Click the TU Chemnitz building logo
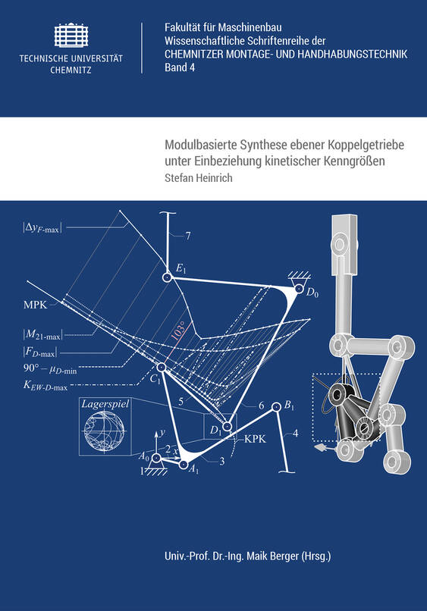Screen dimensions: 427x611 coord(71,35)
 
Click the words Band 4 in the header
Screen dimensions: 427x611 coord(180,67)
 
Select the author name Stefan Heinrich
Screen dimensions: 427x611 coord(199,177)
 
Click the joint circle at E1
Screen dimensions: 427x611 coord(168,277)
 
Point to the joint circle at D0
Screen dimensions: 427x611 coord(299,289)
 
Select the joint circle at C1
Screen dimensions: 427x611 coord(161,367)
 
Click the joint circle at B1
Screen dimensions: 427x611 coord(276,408)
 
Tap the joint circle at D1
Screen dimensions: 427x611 coord(227,426)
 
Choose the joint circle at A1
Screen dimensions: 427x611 coord(184,464)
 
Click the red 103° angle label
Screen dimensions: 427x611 coord(177,332)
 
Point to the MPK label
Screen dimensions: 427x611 coord(36,305)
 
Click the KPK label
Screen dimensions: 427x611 coord(255,439)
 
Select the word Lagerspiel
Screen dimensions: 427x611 coord(105,404)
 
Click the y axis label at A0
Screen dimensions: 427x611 coord(162,432)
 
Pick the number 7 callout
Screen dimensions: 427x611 coord(188,236)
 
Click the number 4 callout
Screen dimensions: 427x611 coord(295,433)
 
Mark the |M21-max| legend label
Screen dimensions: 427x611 coord(42,334)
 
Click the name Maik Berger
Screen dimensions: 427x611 coord(273,556)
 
